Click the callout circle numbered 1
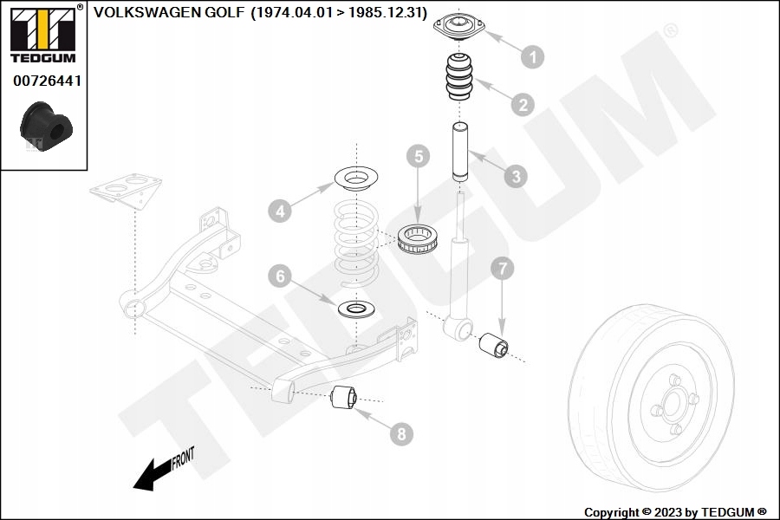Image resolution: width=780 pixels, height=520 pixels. [532, 56]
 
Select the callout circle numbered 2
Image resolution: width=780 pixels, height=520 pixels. [522, 106]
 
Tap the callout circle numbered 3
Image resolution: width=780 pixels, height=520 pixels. [515, 176]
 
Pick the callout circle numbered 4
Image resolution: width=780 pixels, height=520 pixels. [278, 210]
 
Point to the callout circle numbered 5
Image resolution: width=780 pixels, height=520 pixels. [419, 157]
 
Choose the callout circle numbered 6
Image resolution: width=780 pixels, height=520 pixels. [278, 276]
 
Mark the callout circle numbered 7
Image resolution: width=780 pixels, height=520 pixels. [503, 269]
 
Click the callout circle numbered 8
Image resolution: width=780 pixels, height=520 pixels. [400, 432]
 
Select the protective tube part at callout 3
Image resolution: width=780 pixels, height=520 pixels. [459, 152]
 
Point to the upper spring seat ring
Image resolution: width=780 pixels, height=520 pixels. [354, 182]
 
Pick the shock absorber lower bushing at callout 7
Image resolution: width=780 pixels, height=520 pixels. [493, 346]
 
